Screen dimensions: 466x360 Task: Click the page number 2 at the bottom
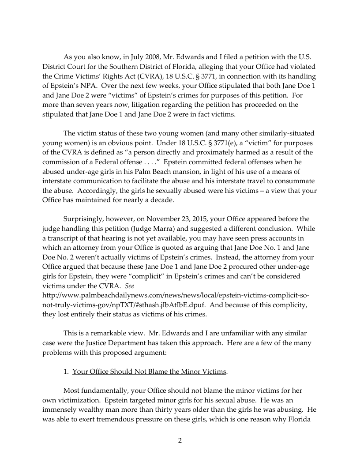tap(180, 440)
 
